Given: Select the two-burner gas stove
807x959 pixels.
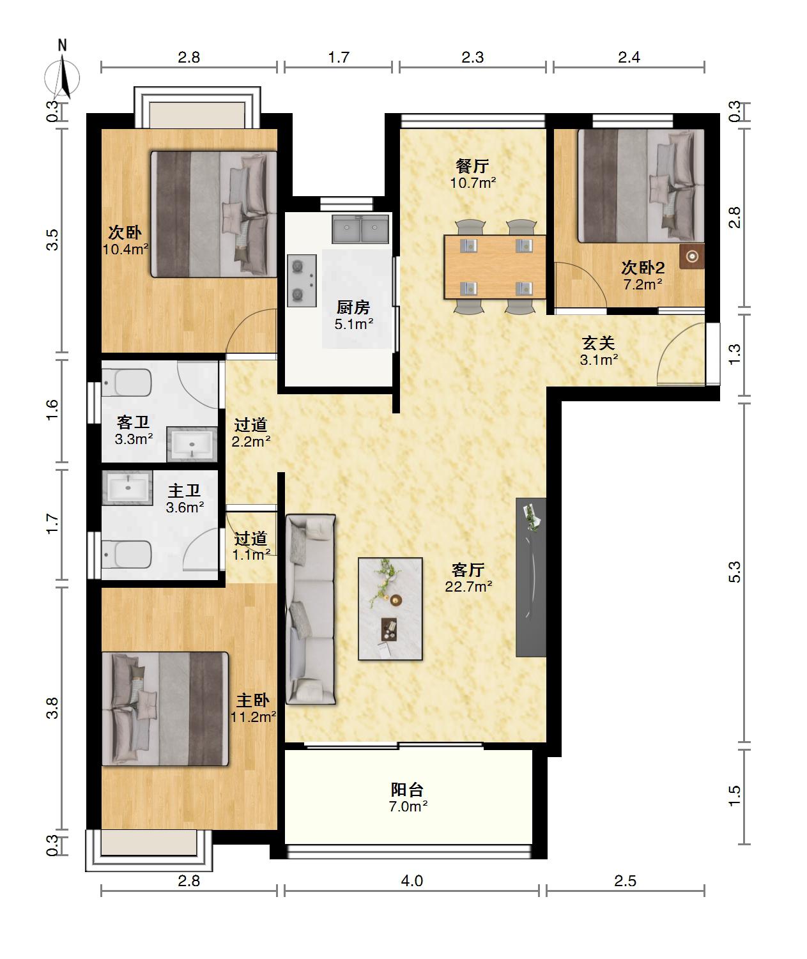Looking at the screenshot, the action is click(302, 280).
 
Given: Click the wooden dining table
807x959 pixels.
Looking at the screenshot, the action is click(495, 267).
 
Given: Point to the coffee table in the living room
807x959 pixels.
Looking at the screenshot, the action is click(390, 609).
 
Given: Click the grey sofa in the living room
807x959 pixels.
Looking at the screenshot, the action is click(311, 610).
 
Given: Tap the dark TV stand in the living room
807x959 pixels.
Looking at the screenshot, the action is click(531, 578).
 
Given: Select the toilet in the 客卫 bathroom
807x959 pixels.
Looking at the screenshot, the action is click(127, 383).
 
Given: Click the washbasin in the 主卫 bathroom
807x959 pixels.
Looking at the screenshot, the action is click(127, 487).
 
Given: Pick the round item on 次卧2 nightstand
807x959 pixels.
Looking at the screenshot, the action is click(692, 256).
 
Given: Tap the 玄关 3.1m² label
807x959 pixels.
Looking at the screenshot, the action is click(599, 351).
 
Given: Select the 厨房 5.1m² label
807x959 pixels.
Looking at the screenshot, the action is click(353, 316).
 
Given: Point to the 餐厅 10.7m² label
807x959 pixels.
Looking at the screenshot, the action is click(473, 174).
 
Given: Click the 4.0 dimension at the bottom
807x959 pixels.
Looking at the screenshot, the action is click(411, 881).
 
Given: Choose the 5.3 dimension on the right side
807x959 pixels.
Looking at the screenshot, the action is click(734, 572).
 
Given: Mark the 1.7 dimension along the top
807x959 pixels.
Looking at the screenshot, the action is click(339, 58).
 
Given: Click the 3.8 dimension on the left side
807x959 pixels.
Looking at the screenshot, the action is click(52, 708).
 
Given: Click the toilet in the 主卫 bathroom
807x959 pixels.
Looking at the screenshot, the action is click(127, 555).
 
